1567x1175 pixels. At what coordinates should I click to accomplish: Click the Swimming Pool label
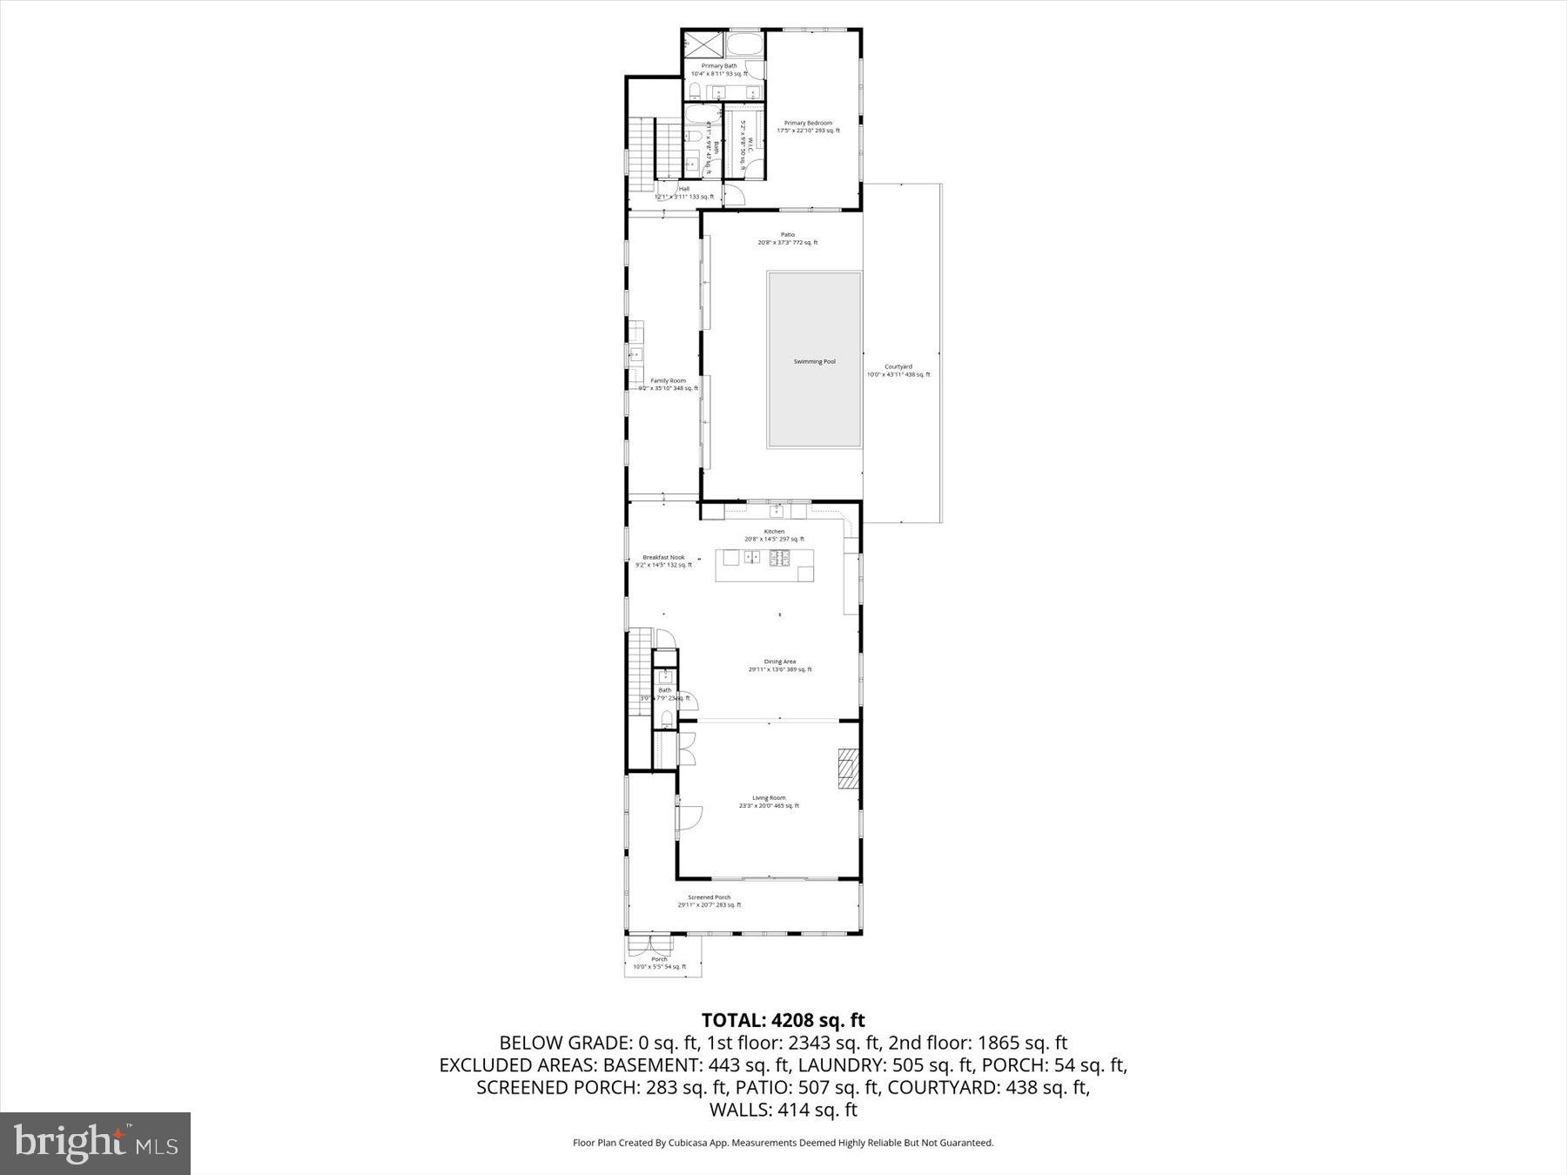814,361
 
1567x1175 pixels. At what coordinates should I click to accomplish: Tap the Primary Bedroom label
808,124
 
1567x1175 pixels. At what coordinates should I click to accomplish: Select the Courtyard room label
898,367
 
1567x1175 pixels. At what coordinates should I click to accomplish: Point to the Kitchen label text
774,532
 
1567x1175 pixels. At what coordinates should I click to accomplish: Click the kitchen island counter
765,566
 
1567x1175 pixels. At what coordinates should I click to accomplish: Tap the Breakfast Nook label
663,557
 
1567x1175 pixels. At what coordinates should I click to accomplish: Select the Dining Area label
779,661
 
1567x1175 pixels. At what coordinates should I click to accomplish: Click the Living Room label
769,798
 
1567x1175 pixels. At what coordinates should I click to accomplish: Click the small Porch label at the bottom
659,959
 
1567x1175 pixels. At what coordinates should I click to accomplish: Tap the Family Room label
668,380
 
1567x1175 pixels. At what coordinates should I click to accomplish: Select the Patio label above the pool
787,235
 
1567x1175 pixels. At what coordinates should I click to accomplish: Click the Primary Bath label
719,66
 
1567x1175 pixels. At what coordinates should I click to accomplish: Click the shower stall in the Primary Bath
702,44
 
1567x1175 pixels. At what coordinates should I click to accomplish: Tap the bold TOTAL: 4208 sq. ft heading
783,1019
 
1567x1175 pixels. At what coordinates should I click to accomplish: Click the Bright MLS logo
95,1143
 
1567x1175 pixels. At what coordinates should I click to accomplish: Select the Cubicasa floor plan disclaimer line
783,1143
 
